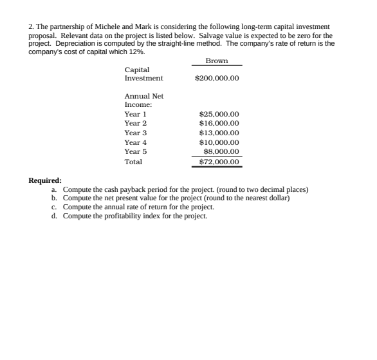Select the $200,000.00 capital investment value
click(217, 79)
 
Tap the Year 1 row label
click(136, 113)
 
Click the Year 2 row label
click(136, 122)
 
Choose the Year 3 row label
click(136, 132)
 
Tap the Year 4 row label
click(136, 142)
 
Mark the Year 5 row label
click(136, 151)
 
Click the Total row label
click(133, 162)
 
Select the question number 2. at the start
click(32, 26)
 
